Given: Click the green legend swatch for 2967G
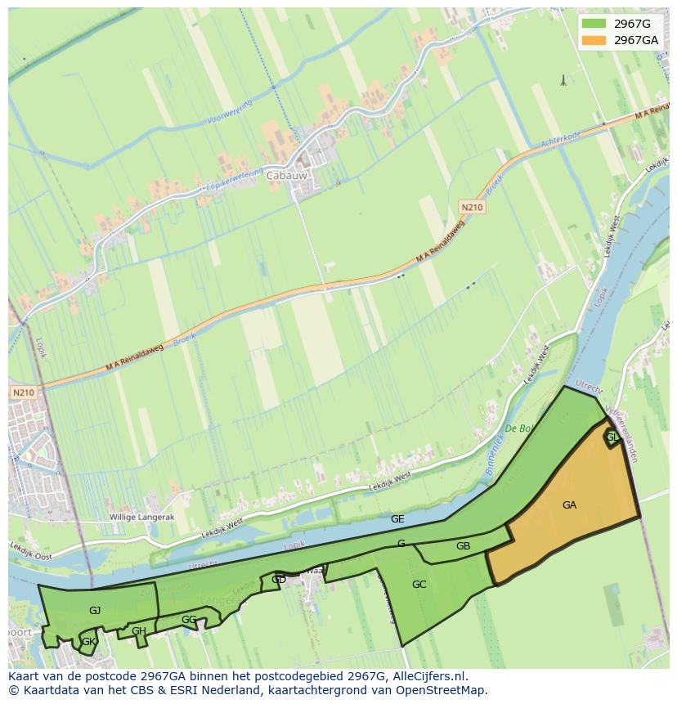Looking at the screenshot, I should tap(594, 24).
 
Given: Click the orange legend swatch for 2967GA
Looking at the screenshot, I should tap(594, 40).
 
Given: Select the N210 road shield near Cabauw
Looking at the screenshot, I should tap(471, 208).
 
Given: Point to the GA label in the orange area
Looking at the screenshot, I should tap(569, 505).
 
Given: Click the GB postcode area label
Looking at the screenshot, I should tap(463, 546).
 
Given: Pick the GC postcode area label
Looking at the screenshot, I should tap(419, 585).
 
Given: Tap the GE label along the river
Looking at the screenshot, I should tap(397, 519).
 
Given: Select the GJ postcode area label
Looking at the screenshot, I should tap(95, 611).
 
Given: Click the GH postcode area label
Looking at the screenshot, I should tap(139, 631).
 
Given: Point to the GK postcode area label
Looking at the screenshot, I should tap(88, 643).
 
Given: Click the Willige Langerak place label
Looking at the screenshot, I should tap(142, 518).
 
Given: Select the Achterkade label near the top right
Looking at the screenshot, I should tap(560, 142).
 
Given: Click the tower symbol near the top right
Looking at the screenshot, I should tap(563, 80).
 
